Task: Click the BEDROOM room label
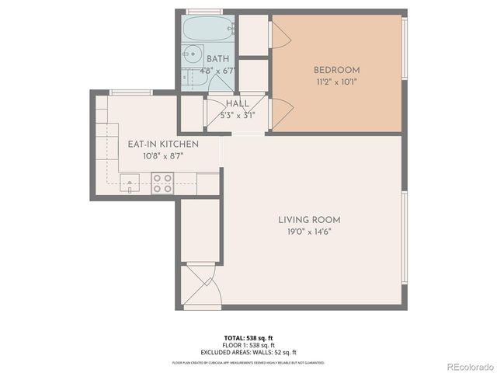click(x=336, y=70)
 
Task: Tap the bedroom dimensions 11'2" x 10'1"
click(x=336, y=81)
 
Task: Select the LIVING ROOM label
click(x=309, y=220)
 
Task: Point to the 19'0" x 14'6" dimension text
click(x=309, y=231)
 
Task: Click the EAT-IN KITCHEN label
click(x=163, y=145)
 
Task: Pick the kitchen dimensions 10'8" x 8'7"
click(x=163, y=155)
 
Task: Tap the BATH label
click(x=217, y=59)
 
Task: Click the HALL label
click(x=237, y=103)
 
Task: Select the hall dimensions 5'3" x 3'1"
click(x=237, y=114)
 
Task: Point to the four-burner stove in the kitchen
click(x=162, y=183)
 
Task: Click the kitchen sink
click(x=130, y=185)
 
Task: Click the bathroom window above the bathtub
click(x=206, y=12)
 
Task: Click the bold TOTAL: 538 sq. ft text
click(x=248, y=338)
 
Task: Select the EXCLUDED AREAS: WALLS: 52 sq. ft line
click(x=248, y=352)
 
